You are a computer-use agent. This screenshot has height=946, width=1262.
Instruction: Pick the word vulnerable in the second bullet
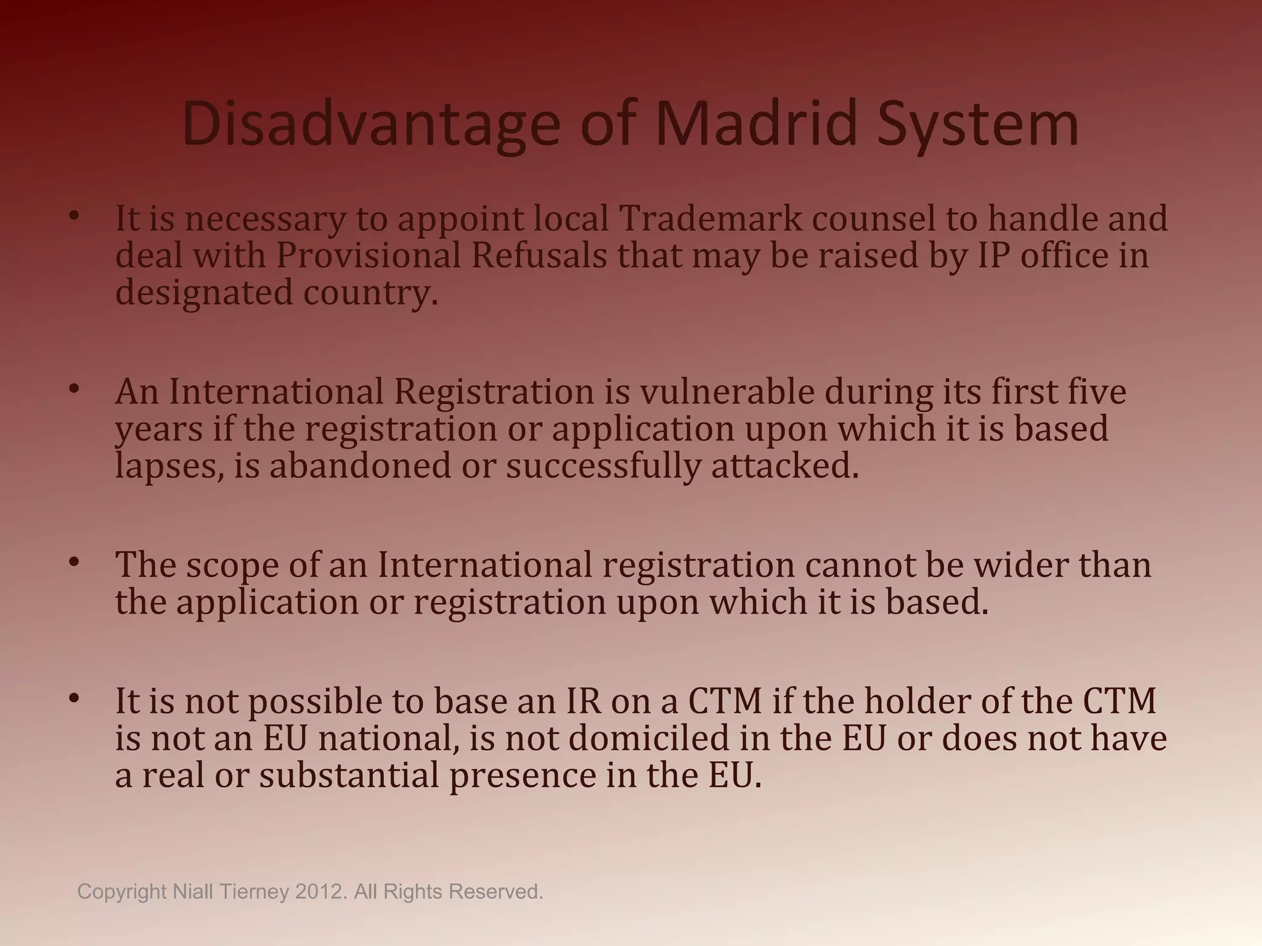pos(727,392)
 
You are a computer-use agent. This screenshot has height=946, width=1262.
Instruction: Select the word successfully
pos(603,466)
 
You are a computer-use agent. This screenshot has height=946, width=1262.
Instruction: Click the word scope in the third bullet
pos(233,565)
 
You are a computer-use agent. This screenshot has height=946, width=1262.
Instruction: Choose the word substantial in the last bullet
pos(349,775)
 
